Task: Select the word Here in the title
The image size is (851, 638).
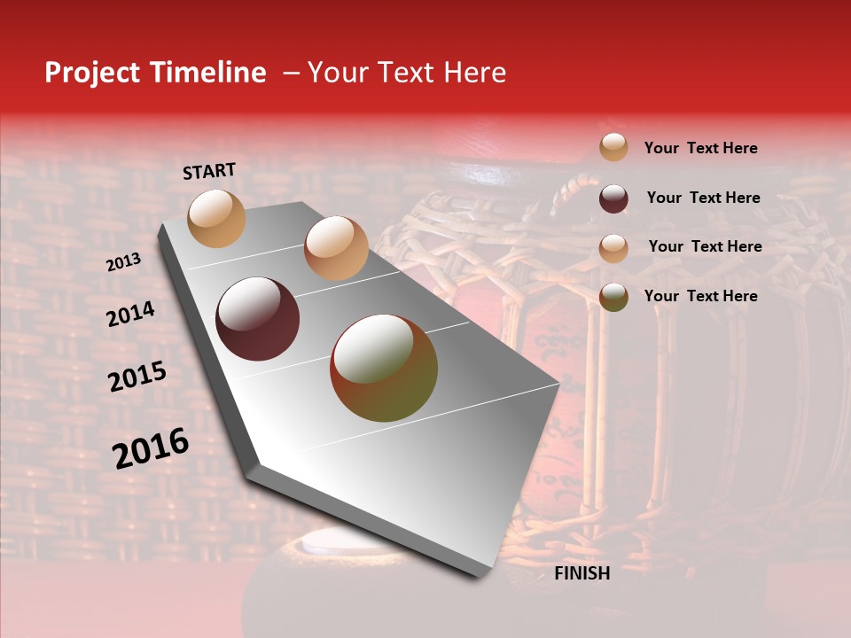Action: (474, 73)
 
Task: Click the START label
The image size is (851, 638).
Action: (209, 171)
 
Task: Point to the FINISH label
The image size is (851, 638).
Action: (582, 573)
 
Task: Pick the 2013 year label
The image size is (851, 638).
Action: (124, 262)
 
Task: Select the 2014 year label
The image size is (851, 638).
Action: (130, 314)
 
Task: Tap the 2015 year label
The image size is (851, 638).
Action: (137, 377)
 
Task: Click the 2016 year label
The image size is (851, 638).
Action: (151, 447)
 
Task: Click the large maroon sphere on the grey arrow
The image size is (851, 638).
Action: (258, 319)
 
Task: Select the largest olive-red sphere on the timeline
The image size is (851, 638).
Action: (384, 368)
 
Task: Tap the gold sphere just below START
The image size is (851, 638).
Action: (216, 218)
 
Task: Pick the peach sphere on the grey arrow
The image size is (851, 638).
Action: (336, 248)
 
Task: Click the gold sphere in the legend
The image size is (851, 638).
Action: (613, 148)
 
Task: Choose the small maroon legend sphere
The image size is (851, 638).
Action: (613, 198)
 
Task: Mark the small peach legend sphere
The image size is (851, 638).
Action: (613, 247)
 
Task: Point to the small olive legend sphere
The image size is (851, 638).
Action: (613, 297)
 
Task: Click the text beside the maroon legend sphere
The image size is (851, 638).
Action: (703, 198)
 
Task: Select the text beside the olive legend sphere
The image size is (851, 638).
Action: (700, 296)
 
